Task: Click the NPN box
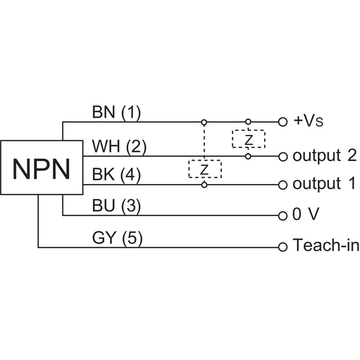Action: (41, 167)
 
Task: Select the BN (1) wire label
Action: (116, 112)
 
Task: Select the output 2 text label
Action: (324, 156)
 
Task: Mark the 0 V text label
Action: (306, 215)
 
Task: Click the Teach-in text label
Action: (326, 246)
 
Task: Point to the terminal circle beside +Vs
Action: (283, 121)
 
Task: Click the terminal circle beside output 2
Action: (283, 157)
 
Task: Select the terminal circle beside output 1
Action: (283, 184)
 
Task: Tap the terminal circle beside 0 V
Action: (283, 215)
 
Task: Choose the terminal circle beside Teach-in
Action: (283, 247)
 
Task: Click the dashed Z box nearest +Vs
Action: (248, 139)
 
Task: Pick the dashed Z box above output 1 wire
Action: (205, 169)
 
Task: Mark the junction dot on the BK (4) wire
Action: (204, 184)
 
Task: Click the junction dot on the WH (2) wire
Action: (248, 157)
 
